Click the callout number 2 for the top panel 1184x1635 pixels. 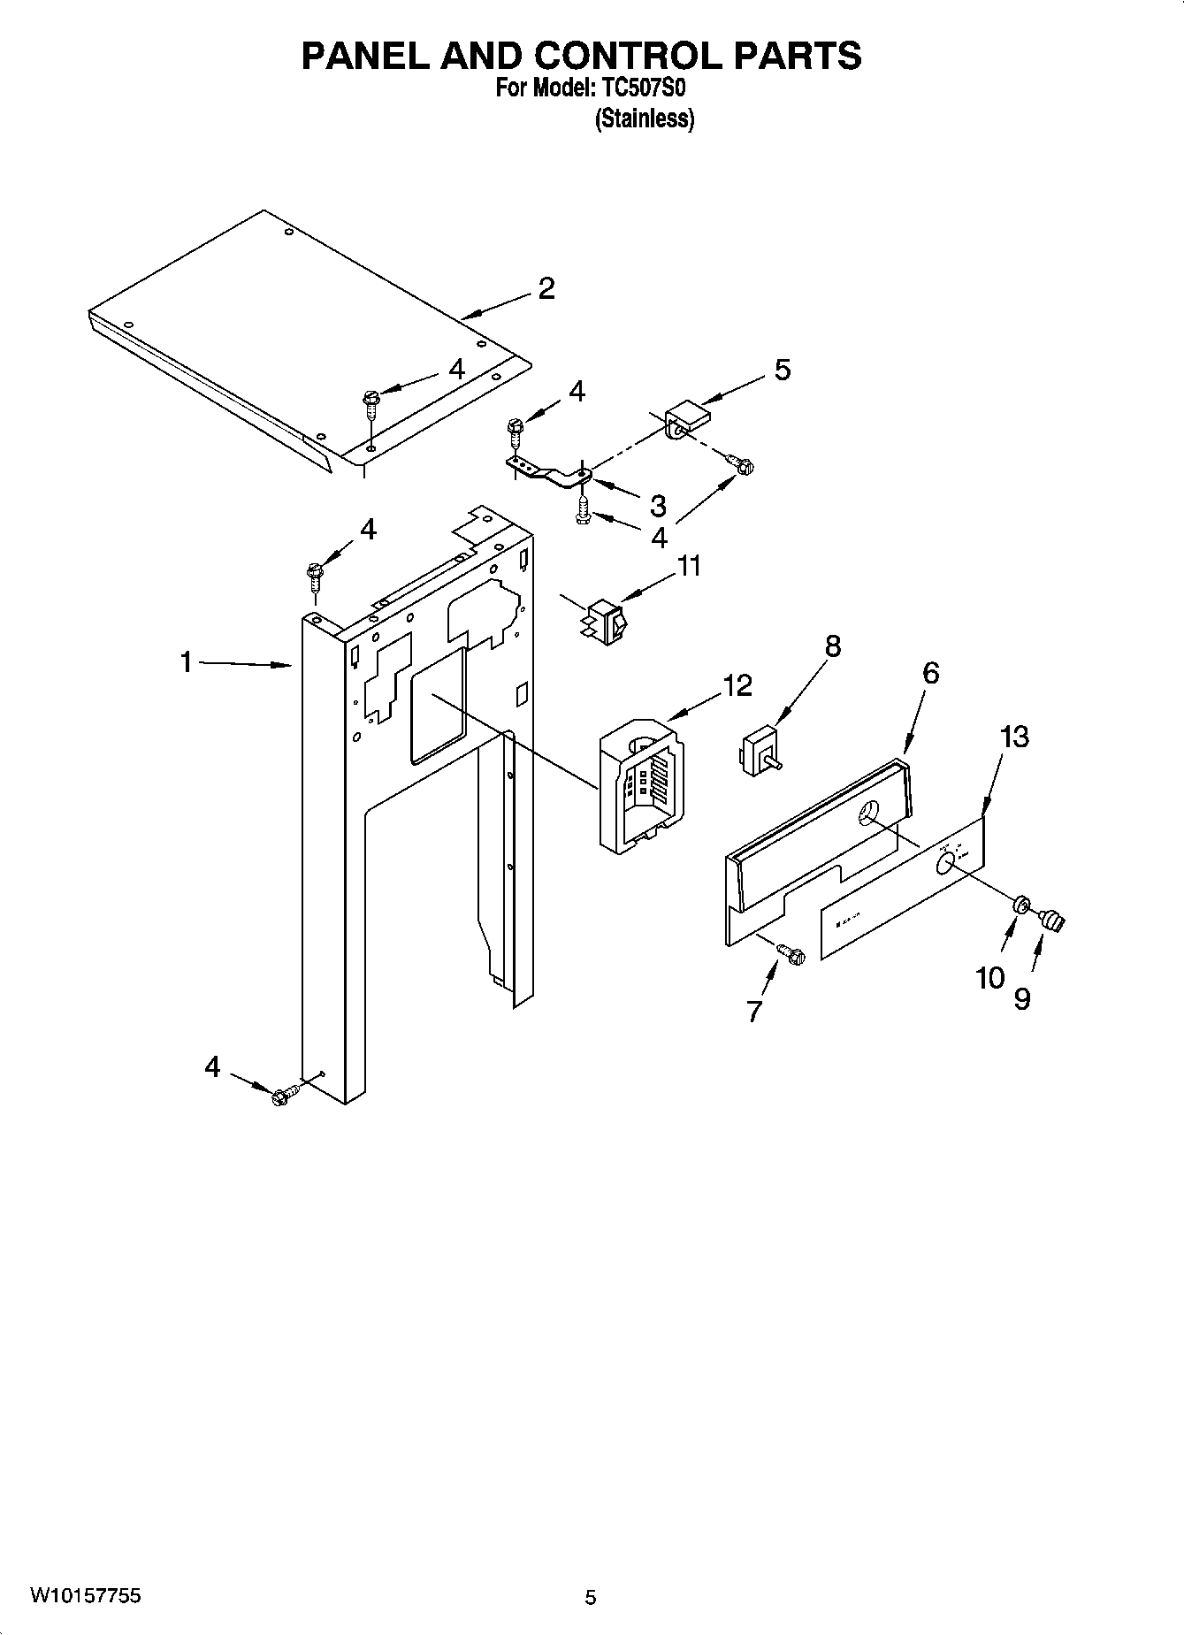pyautogui.click(x=546, y=288)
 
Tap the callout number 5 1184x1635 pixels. pyautogui.click(x=782, y=370)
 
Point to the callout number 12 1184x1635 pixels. pyautogui.click(x=737, y=685)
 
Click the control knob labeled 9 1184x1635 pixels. pyautogui.click(x=1051, y=921)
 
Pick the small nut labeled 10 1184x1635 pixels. pyautogui.click(x=1019, y=904)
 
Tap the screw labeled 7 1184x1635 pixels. pyautogui.click(x=791, y=953)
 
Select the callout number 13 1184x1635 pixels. pyautogui.click(x=1014, y=736)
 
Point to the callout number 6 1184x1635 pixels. pyautogui.click(x=929, y=673)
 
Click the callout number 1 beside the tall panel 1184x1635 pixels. pyautogui.click(x=187, y=661)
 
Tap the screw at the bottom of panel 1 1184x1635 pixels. pyautogui.click(x=285, y=1095)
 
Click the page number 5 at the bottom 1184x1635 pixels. pyautogui.click(x=591, y=1597)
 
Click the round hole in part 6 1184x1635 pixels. pyautogui.click(x=869, y=813)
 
